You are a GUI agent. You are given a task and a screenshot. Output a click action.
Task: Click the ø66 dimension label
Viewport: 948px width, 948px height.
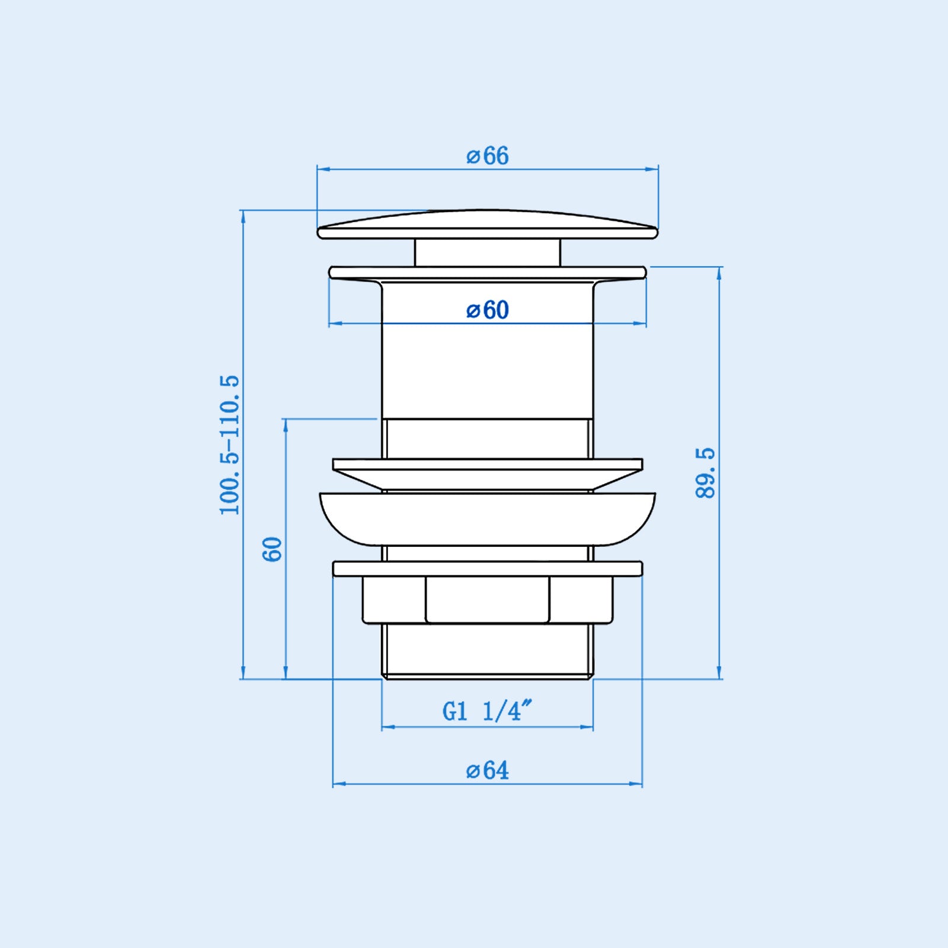487,156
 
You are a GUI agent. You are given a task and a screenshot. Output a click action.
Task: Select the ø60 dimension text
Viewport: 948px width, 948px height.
487,310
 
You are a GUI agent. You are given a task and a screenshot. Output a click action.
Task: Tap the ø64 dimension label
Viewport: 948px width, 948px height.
487,770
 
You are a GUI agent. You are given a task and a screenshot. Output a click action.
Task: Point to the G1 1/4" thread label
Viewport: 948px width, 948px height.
487,711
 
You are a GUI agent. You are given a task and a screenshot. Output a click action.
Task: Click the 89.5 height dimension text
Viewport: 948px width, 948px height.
706,473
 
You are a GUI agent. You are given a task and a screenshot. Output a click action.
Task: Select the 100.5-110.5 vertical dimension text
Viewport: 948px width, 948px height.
229,444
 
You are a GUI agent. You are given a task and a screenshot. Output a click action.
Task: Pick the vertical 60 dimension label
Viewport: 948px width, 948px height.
272,549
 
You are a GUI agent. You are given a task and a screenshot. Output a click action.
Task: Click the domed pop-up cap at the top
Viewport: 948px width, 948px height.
487,225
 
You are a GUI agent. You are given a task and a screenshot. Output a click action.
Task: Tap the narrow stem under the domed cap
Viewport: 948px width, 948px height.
487,253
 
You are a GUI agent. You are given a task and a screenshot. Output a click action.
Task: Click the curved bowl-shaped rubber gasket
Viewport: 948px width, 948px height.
487,518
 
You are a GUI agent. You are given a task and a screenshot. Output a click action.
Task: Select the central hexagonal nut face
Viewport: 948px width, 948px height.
487,600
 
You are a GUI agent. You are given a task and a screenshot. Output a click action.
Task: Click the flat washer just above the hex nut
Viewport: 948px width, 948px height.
487,569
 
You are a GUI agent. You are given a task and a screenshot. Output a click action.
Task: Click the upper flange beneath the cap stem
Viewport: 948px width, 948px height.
487,272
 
